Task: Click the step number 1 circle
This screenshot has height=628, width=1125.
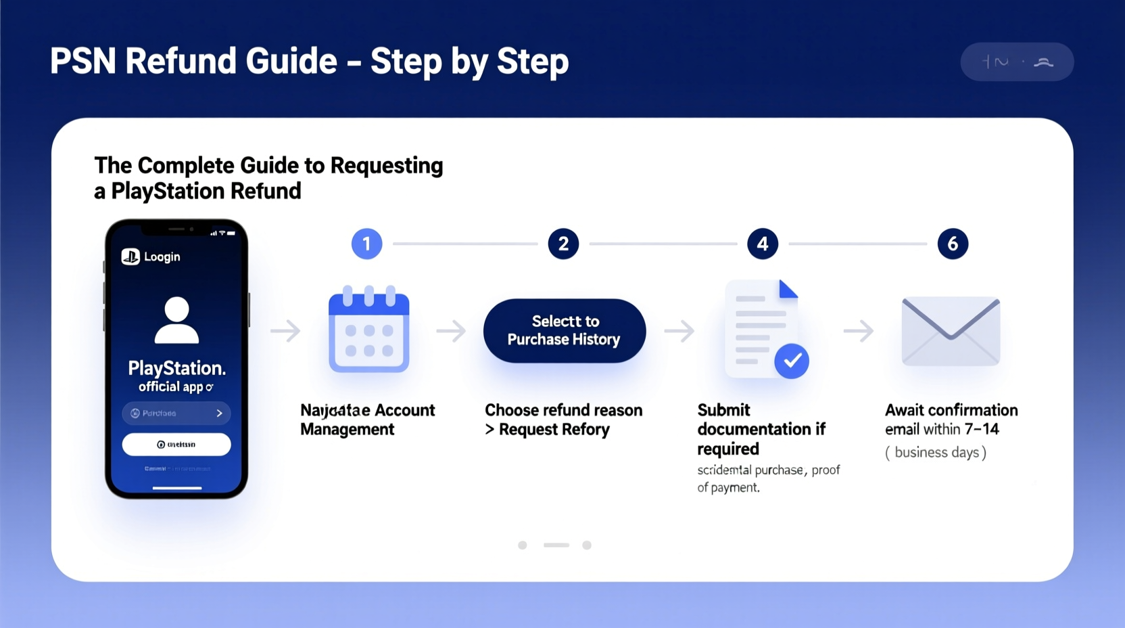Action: (366, 244)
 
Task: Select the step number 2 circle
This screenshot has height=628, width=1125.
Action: (563, 244)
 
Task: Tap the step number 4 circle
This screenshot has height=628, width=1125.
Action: (762, 244)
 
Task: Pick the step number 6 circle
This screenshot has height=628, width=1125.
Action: (953, 244)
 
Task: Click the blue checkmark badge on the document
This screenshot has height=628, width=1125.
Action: (792, 361)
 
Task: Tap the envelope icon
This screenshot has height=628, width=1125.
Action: (951, 331)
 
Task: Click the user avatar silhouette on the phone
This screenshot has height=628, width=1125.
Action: (176, 320)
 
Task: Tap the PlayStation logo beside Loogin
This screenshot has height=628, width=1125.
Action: (130, 256)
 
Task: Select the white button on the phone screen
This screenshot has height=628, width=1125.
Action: (176, 445)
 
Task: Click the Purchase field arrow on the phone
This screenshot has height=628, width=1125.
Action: (219, 413)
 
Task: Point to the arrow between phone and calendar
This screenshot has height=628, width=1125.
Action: (285, 331)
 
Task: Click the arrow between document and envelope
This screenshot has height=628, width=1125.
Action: (859, 331)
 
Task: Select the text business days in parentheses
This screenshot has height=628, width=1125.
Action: (936, 452)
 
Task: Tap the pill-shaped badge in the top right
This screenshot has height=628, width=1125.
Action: (1017, 62)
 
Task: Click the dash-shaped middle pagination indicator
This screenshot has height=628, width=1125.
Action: (556, 545)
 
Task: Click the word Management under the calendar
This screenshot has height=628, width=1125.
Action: (347, 429)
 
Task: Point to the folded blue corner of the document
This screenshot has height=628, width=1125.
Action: (787, 289)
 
